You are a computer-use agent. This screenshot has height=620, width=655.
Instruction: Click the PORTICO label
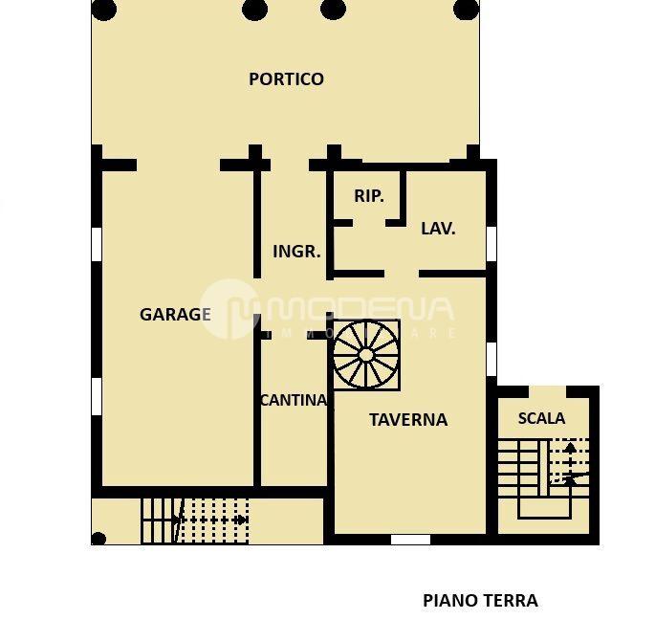pos(286,79)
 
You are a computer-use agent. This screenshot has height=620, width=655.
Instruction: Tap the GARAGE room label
pos(175,314)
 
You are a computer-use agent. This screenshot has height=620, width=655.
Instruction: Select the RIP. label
pos(369,196)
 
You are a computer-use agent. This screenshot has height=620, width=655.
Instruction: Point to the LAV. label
pos(438,229)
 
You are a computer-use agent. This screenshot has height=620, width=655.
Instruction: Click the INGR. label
pos(296,252)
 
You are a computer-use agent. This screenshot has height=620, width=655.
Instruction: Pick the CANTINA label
pos(294,401)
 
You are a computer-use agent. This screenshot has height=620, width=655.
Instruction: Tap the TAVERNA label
pos(408,419)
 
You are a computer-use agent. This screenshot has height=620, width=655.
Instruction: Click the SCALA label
pos(541,418)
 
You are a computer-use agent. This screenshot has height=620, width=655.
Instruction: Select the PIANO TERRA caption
pos(480,601)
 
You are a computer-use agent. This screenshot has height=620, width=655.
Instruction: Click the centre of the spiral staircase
pos(366,354)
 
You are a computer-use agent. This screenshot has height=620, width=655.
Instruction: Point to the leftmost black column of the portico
pos(103,10)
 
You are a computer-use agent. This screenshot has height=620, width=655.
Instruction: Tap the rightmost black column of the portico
pos(466,10)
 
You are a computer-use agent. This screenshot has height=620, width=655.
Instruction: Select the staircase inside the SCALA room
pos(541,468)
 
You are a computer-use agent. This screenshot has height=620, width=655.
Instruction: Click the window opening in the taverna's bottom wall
pos(410,540)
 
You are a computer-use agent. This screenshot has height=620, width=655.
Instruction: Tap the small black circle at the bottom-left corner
pos(98,539)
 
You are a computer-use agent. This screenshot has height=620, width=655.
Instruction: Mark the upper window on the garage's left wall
pos(96,243)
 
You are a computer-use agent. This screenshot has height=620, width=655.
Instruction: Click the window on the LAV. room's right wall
pos(491,243)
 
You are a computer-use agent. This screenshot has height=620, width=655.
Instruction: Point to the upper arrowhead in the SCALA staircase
pos(570,447)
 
